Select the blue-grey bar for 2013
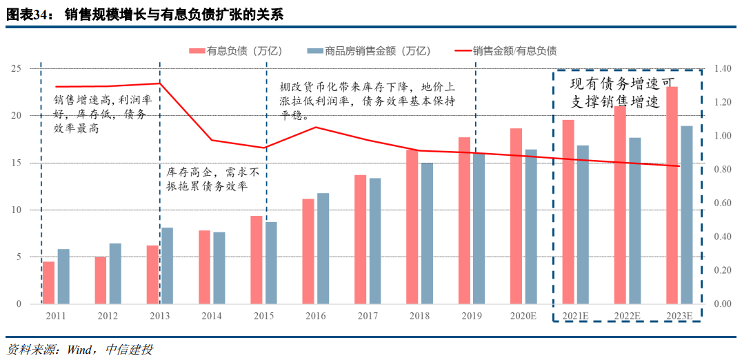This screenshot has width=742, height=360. click(167, 266)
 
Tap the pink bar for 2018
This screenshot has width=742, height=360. click(412, 226)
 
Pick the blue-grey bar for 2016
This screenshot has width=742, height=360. click(323, 248)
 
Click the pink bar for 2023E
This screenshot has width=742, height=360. click(672, 195)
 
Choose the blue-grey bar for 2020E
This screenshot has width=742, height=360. click(531, 226)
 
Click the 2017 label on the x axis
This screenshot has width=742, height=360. click(368, 316)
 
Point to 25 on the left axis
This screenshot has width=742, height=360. click(16, 69)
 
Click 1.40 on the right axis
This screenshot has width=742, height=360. click(722, 69)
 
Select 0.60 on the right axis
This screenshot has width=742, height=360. click(722, 203)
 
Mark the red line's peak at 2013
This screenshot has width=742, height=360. click(159, 83)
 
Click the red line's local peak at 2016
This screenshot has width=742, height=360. click(316, 127)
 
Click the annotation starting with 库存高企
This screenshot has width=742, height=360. click(213, 179)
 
